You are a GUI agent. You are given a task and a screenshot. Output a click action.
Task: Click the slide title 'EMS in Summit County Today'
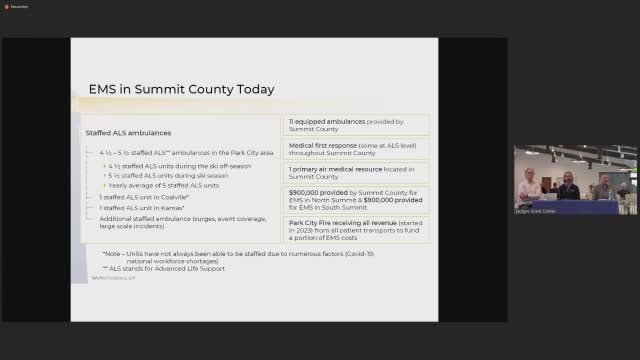[181, 89]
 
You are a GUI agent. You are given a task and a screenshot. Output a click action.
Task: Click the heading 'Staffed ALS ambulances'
[128, 132]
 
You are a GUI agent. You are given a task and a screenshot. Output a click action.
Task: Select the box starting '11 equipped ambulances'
[357, 125]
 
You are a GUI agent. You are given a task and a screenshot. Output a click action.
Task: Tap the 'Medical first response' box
[357, 149]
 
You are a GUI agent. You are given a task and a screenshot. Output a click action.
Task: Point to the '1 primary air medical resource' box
[357, 174]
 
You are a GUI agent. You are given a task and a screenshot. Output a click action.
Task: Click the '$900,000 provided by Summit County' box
[357, 199]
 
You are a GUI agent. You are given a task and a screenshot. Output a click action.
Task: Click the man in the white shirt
[527, 184]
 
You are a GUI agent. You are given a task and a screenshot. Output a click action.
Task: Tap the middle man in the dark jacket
[567, 186]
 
